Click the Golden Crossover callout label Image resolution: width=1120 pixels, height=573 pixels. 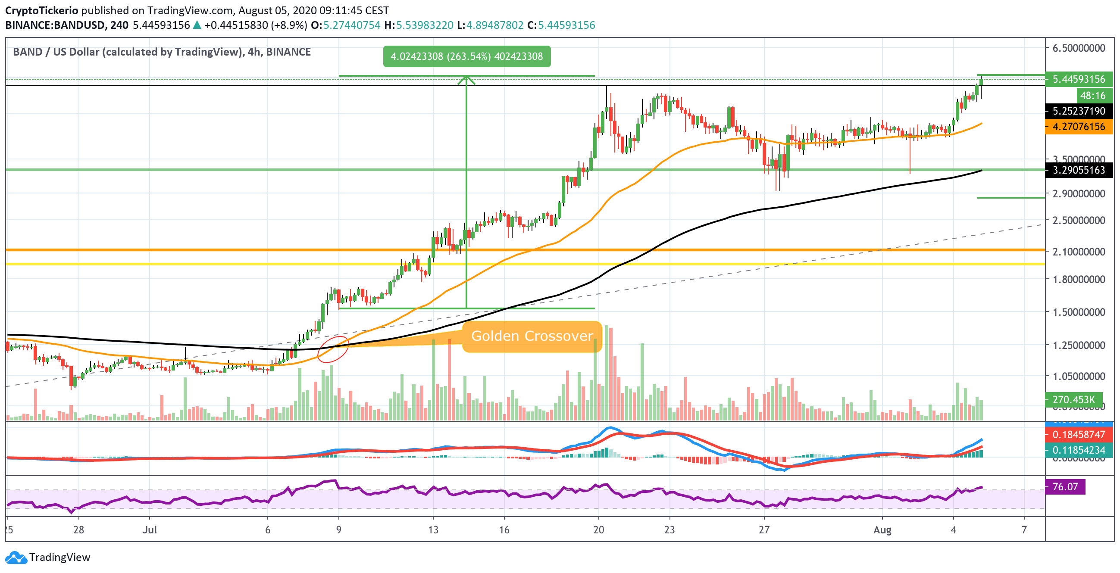click(x=532, y=336)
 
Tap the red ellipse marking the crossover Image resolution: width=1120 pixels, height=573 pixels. click(x=333, y=349)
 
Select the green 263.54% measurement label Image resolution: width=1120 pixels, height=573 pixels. click(x=466, y=56)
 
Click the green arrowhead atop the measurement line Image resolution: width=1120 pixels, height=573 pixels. click(x=466, y=80)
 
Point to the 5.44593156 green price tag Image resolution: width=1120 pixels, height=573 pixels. click(x=1078, y=79)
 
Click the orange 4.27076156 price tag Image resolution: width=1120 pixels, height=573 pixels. click(x=1078, y=126)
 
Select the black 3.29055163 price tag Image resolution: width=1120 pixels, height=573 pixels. click(x=1078, y=170)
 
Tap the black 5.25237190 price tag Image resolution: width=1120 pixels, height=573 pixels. click(x=1078, y=111)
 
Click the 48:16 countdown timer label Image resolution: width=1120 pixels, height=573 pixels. click(x=1092, y=96)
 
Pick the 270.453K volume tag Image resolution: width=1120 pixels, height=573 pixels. click(x=1073, y=399)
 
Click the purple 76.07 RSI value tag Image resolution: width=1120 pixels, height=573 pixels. click(x=1065, y=486)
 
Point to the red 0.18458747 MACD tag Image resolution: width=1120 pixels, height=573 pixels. click(x=1078, y=434)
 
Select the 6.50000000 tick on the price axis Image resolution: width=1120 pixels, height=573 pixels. click(x=1078, y=48)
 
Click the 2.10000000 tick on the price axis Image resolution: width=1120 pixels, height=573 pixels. click(x=1078, y=252)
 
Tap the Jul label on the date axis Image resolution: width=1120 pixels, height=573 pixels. click(x=150, y=530)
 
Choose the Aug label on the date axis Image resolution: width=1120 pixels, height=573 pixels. click(x=882, y=530)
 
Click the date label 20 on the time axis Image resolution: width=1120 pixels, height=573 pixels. click(x=598, y=530)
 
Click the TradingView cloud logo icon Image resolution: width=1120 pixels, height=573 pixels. click(x=16, y=557)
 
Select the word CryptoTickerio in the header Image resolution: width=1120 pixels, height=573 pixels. click(x=42, y=10)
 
